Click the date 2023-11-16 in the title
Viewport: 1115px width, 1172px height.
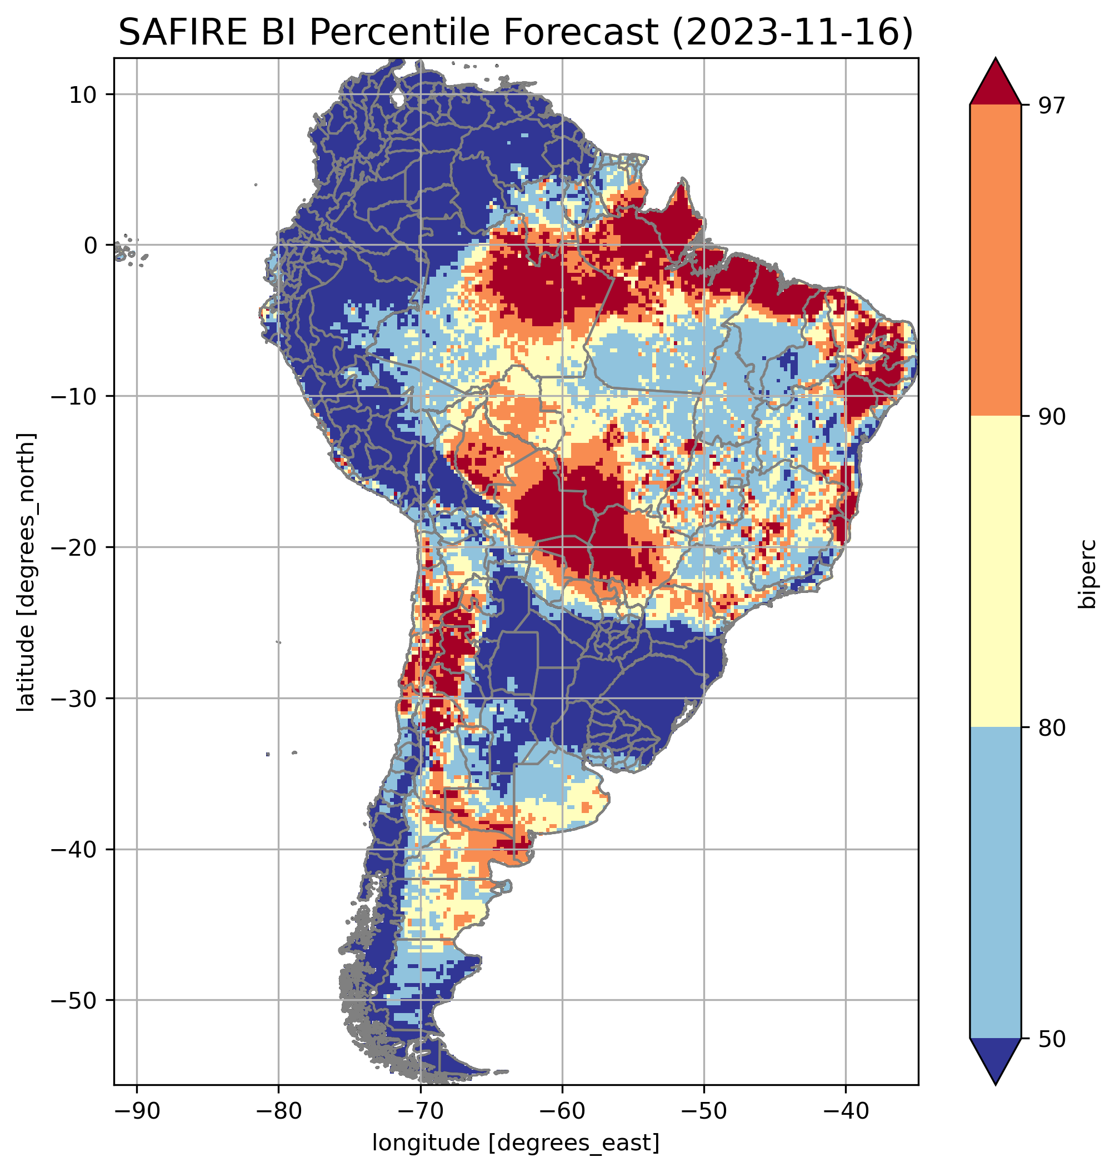pos(793,32)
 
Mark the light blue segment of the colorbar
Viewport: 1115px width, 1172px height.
pos(995,883)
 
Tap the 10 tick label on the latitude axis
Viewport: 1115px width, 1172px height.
pos(83,94)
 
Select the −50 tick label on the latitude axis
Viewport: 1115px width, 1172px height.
pos(74,1001)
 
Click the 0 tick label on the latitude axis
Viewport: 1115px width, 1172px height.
pos(91,246)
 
